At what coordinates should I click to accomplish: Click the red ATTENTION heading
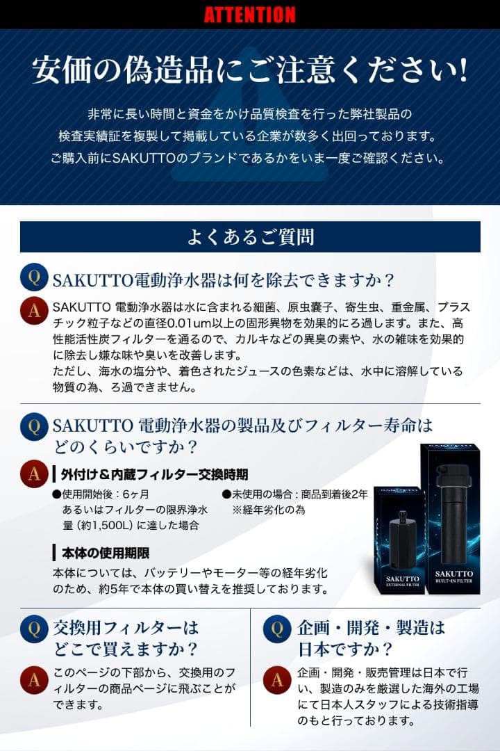249,15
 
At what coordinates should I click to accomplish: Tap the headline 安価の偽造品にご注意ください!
249,71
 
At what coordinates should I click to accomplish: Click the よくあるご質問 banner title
249,237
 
